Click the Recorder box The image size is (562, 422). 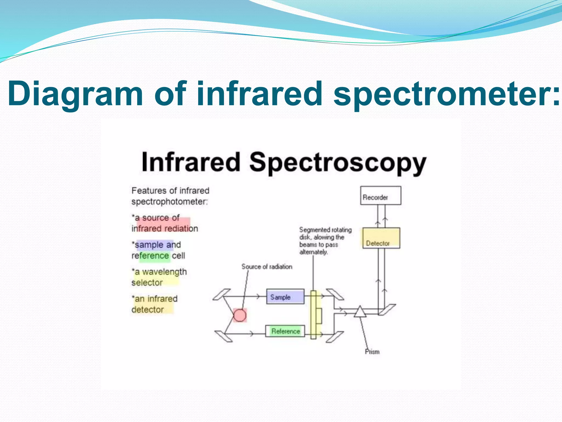tap(380, 195)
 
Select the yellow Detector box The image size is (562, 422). tap(381, 238)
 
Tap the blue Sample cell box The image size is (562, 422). tap(285, 296)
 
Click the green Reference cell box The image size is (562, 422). tap(285, 331)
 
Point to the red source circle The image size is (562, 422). tap(240, 315)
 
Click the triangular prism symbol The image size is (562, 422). tap(360, 312)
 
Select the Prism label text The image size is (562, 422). tap(372, 352)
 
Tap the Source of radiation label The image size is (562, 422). tap(267, 266)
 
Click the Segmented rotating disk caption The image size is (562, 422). tap(325, 241)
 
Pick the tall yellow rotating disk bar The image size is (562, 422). tap(313, 315)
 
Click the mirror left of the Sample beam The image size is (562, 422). tap(222, 295)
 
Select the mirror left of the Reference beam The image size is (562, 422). tap(223, 336)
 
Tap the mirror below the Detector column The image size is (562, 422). tap(387, 310)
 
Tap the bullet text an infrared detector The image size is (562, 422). tap(154, 304)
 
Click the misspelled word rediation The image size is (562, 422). tap(181, 228)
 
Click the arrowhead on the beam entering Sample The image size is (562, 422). tap(258, 296)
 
